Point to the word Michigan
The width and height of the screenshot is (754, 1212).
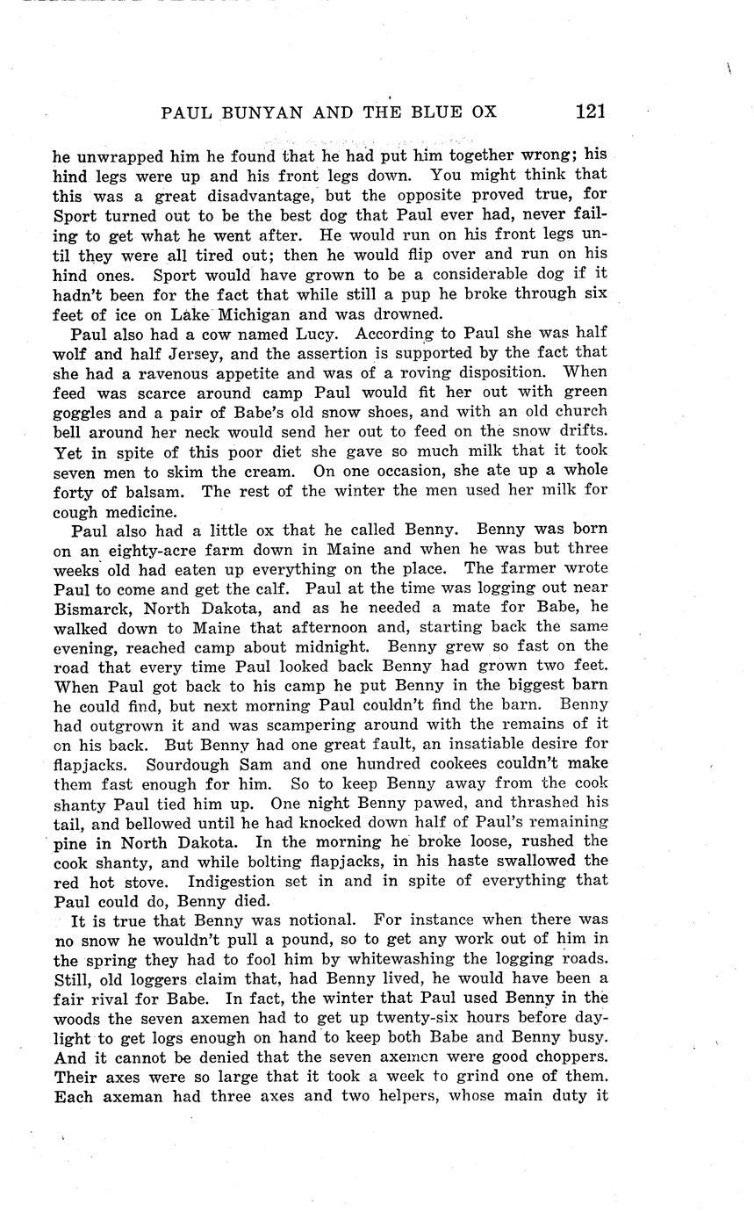(255, 314)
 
